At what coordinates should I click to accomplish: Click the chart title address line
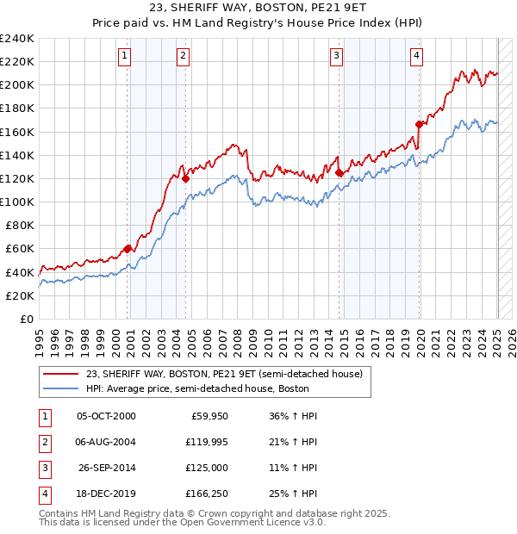coord(258,10)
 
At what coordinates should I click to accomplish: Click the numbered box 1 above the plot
coord(125,56)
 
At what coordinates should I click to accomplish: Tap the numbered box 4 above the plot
coord(416,56)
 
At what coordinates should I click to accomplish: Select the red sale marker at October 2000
coord(128,248)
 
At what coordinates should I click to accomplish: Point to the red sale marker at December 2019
coord(420,124)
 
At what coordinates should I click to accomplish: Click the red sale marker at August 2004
coord(185,178)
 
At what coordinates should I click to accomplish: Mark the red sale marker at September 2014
coord(339,172)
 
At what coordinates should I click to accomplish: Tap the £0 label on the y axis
coord(26,319)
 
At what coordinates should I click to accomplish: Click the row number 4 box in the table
coord(43,494)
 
